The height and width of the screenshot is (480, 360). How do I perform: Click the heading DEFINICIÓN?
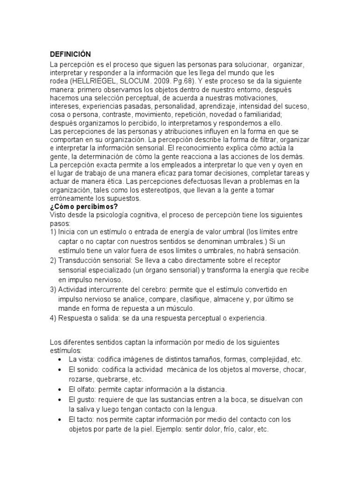[x=70, y=54]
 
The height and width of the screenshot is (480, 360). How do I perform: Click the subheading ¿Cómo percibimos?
[x=84, y=206]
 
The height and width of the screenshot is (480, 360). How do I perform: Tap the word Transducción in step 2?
[x=80, y=260]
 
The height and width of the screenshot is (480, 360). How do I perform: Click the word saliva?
[x=86, y=409]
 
